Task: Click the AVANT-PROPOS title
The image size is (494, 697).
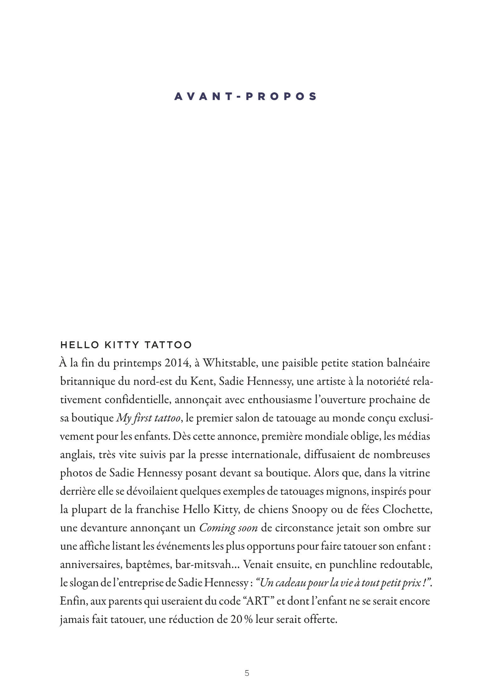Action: click(x=245, y=96)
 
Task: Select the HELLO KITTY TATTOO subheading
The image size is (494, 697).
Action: click(x=126, y=345)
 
